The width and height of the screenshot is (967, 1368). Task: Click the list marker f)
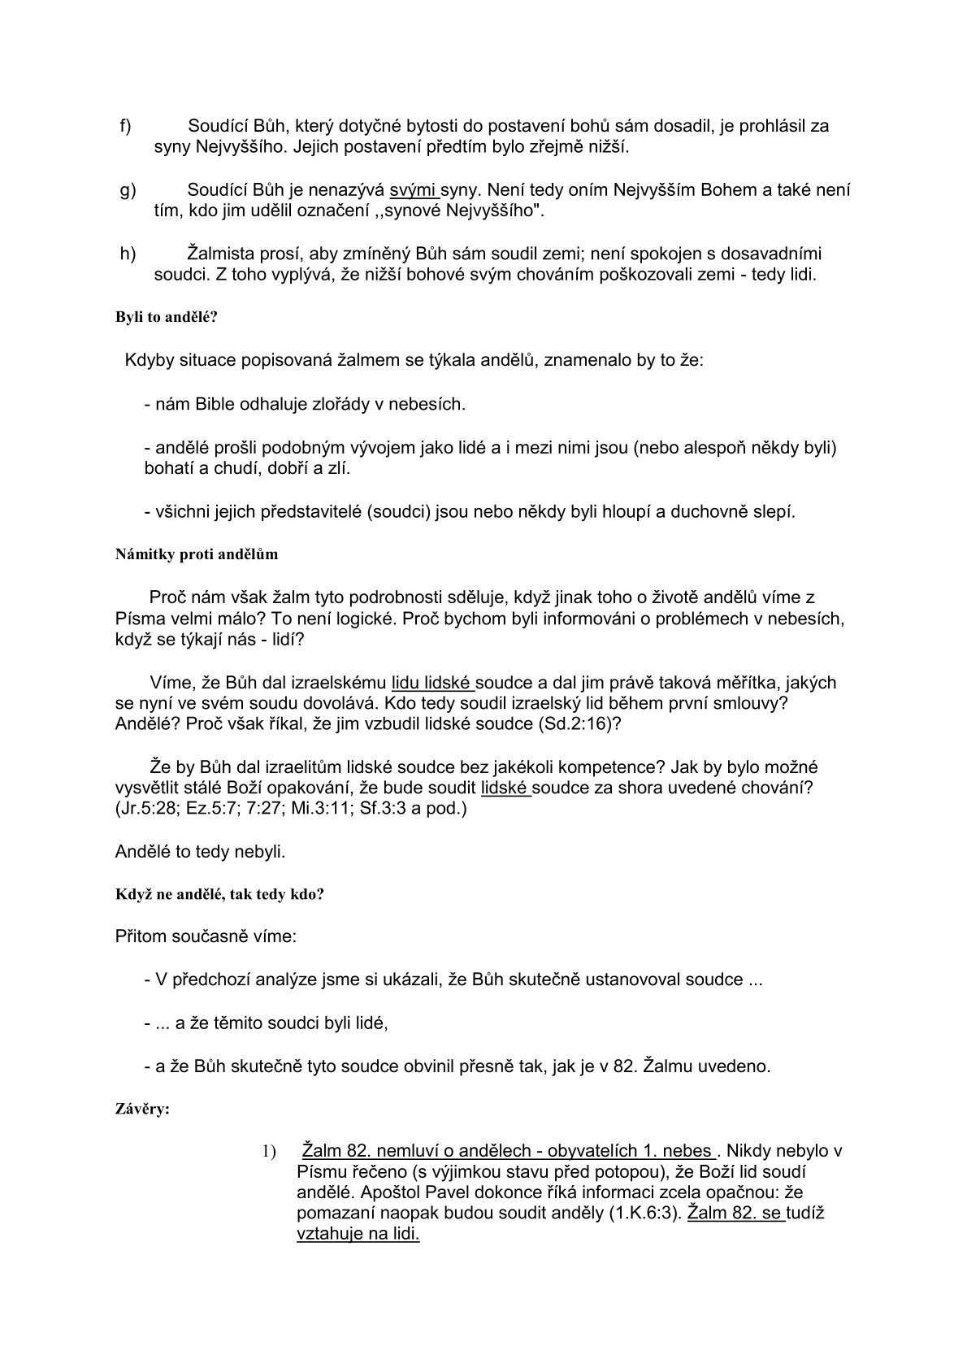coord(126,126)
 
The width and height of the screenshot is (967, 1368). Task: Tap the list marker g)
coord(128,190)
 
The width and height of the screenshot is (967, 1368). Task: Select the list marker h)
coord(128,254)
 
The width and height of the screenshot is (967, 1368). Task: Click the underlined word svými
coord(413,190)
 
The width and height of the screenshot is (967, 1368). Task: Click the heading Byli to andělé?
coord(167,317)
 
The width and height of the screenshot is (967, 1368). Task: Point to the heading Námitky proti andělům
coord(197,554)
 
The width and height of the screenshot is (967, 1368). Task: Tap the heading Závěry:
coord(143,1108)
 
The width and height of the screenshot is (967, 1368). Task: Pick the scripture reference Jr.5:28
coord(148,810)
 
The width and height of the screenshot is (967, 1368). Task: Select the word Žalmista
coord(220,254)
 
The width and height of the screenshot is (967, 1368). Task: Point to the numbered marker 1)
coord(269,1152)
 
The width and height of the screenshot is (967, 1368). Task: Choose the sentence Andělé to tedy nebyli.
coord(200,852)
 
